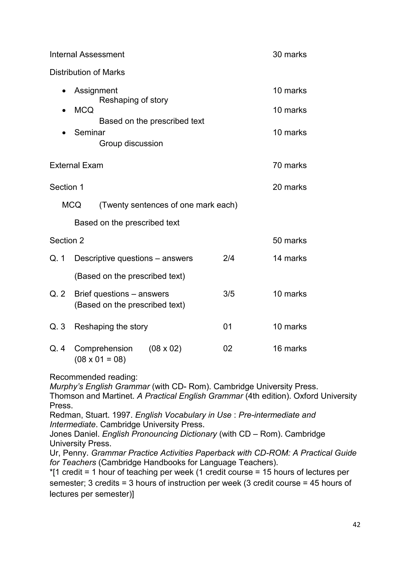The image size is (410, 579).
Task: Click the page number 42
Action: tap(356, 525)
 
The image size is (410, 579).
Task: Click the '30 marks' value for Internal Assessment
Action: tap(289, 54)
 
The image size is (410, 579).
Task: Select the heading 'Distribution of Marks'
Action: tap(87, 72)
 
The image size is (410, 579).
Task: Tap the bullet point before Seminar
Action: tap(64, 133)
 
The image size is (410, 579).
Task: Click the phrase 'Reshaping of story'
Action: tap(133, 100)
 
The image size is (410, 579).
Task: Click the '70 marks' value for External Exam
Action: tap(289, 165)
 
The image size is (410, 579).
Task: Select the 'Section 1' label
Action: tap(66, 187)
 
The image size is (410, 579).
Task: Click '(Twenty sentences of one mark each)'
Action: tap(168, 205)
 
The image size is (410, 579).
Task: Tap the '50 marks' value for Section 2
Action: tap(289, 241)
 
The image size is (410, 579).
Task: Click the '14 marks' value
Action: tap(289, 259)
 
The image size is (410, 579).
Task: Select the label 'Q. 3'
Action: tap(57, 327)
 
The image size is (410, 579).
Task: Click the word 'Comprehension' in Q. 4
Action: tap(103, 348)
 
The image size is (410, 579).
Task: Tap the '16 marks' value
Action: tap(289, 348)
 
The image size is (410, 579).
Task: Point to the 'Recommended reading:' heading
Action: tap(93, 377)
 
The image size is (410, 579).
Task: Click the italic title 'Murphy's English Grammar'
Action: tap(100, 387)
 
